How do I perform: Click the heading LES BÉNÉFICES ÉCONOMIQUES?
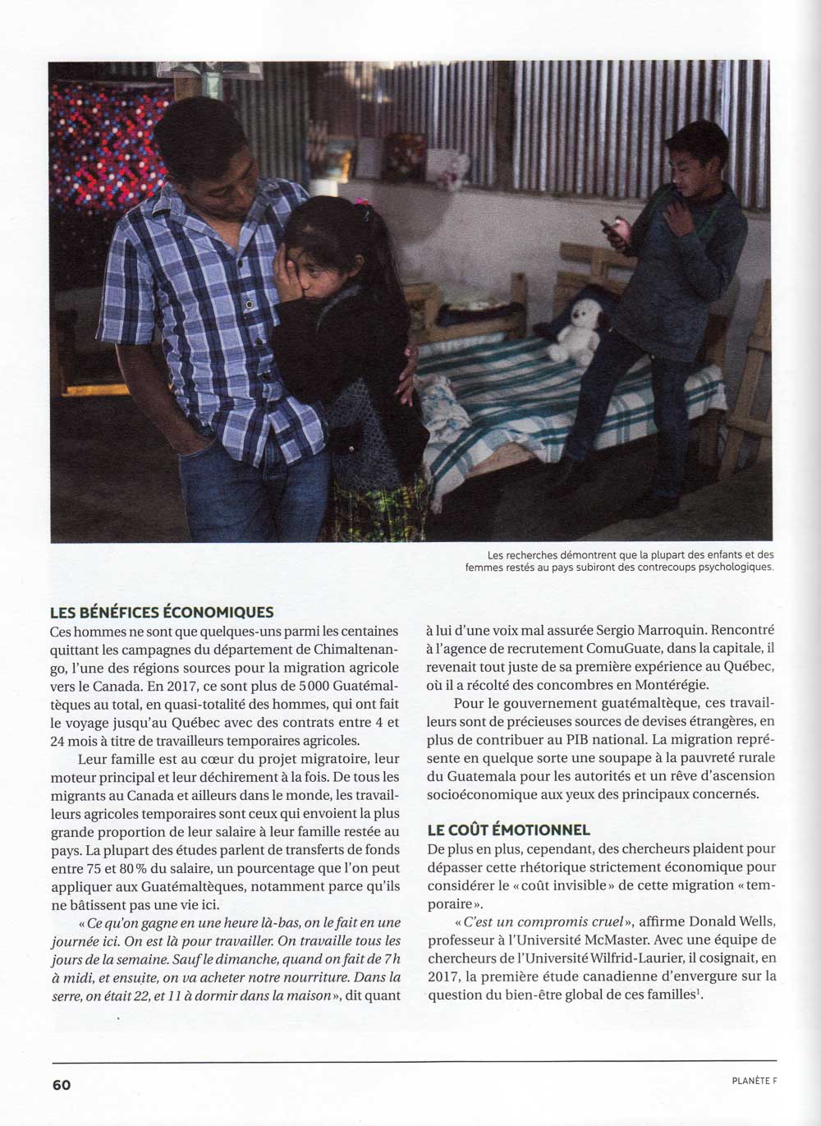pyautogui.click(x=162, y=612)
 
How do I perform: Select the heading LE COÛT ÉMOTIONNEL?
pyautogui.click(x=508, y=830)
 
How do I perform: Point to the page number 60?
pyautogui.click(x=62, y=1085)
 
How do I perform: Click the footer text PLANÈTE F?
pyautogui.click(x=754, y=1081)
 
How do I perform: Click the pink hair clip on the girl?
pyautogui.click(x=360, y=203)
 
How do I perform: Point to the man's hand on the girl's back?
pyautogui.click(x=407, y=370)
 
